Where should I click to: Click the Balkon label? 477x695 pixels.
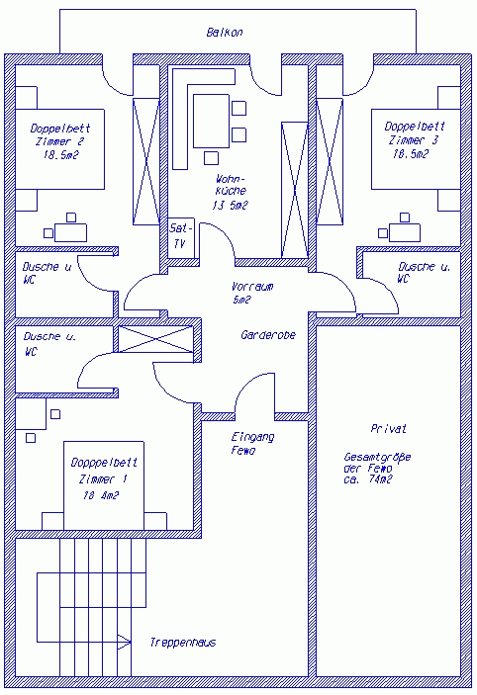tap(225, 33)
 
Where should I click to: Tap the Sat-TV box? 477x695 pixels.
tap(181, 237)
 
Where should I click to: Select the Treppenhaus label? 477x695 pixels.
tap(183, 643)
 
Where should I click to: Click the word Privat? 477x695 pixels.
tap(389, 429)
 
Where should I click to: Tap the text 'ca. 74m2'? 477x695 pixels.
tap(368, 479)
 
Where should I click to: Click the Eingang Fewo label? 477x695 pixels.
tap(252, 443)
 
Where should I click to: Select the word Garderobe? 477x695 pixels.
tap(268, 335)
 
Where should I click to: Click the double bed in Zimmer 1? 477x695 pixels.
tap(104, 485)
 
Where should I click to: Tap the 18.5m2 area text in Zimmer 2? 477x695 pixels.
tap(61, 155)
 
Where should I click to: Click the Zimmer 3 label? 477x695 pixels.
tap(413, 140)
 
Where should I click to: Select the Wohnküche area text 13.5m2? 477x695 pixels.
tap(230, 206)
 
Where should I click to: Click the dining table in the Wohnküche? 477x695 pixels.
tap(211, 121)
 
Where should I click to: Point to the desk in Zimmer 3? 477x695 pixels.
tap(404, 232)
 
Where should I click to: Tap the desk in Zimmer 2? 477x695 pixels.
tap(70, 232)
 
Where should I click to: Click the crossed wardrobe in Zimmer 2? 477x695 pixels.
tap(146, 161)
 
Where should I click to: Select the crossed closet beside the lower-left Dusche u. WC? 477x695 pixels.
tap(155, 339)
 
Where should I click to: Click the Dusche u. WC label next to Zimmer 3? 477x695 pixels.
tap(424, 273)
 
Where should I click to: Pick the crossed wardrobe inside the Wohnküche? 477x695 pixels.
tap(295, 190)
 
